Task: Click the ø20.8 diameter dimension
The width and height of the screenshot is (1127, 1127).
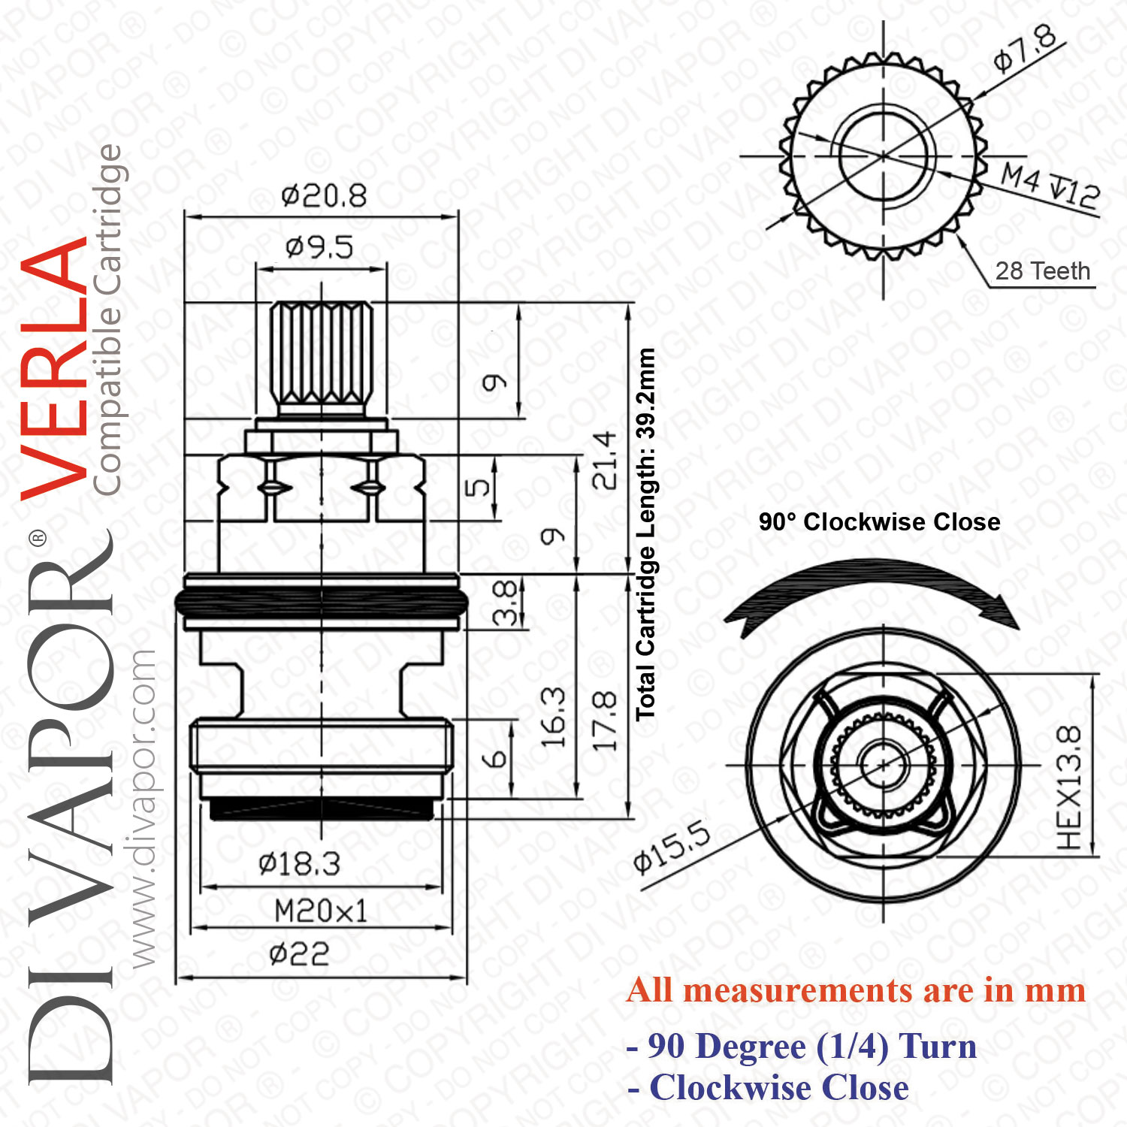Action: pyautogui.click(x=324, y=196)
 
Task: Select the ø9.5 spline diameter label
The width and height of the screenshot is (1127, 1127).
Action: pyautogui.click(x=319, y=246)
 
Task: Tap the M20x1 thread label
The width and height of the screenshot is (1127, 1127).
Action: pyautogui.click(x=321, y=911)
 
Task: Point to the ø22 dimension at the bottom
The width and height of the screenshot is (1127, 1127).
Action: pyautogui.click(x=299, y=955)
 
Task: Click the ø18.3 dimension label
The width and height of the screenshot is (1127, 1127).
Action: pyautogui.click(x=299, y=864)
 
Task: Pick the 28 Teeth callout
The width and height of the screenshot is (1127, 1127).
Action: pyautogui.click(x=1042, y=270)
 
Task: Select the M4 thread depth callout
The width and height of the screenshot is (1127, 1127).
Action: pyautogui.click(x=1050, y=185)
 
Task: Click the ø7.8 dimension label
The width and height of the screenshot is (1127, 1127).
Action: pyautogui.click(x=1026, y=49)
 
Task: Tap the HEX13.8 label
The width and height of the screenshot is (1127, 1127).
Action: pyautogui.click(x=1069, y=787)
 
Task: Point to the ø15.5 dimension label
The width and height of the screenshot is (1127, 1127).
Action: pyautogui.click(x=671, y=848)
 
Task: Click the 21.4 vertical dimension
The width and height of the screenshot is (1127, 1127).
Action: pyautogui.click(x=604, y=460)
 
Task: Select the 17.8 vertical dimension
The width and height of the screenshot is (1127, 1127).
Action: pyautogui.click(x=604, y=721)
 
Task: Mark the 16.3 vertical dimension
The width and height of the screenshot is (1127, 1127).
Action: pyautogui.click(x=553, y=717)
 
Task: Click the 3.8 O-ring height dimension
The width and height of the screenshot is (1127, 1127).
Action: pyautogui.click(x=506, y=603)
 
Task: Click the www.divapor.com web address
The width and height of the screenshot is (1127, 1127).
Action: pyautogui.click(x=141, y=808)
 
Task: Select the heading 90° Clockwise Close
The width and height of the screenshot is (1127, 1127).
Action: pyautogui.click(x=879, y=521)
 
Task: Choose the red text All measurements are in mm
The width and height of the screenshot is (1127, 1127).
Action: pyautogui.click(x=857, y=990)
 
